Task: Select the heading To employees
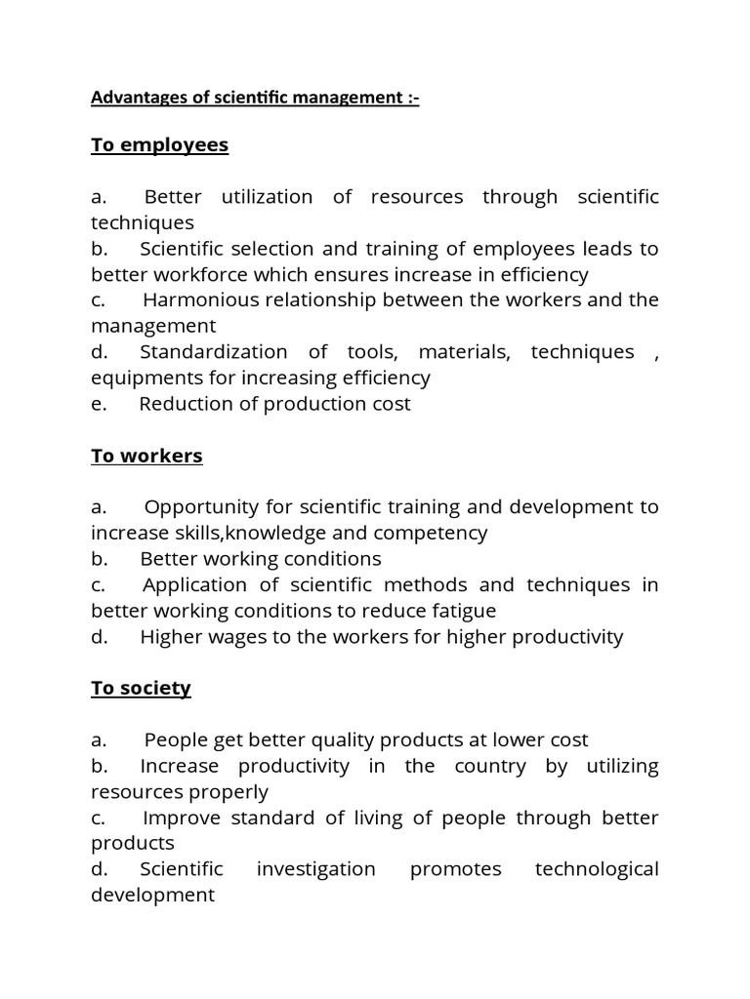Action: point(159,145)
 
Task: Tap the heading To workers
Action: point(146,456)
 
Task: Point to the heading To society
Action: point(141,688)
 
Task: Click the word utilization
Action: point(267,197)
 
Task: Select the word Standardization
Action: point(213,351)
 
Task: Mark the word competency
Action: point(437,533)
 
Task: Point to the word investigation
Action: point(315,869)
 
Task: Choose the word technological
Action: point(597,869)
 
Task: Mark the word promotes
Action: point(455,869)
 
